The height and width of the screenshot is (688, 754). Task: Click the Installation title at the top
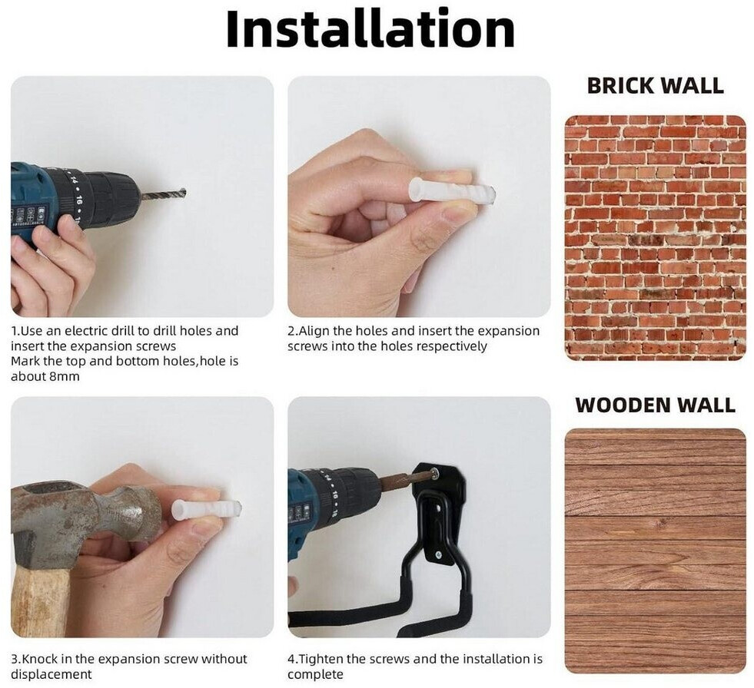click(370, 29)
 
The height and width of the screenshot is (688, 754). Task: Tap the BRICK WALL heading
click(656, 85)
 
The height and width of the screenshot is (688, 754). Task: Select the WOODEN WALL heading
click(656, 405)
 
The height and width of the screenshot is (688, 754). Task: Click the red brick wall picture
click(656, 238)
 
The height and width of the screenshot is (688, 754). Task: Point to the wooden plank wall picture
click(656, 551)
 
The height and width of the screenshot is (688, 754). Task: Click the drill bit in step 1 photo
click(163, 195)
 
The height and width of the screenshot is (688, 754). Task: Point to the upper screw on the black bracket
click(435, 474)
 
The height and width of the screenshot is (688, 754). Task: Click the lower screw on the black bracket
click(439, 555)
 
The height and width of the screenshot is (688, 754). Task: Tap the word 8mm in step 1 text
click(65, 376)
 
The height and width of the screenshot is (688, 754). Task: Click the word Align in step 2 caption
click(314, 332)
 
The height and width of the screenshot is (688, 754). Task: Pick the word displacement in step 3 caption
click(51, 674)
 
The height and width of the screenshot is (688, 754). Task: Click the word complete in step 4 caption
click(315, 675)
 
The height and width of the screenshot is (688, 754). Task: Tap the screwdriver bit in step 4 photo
click(399, 478)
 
